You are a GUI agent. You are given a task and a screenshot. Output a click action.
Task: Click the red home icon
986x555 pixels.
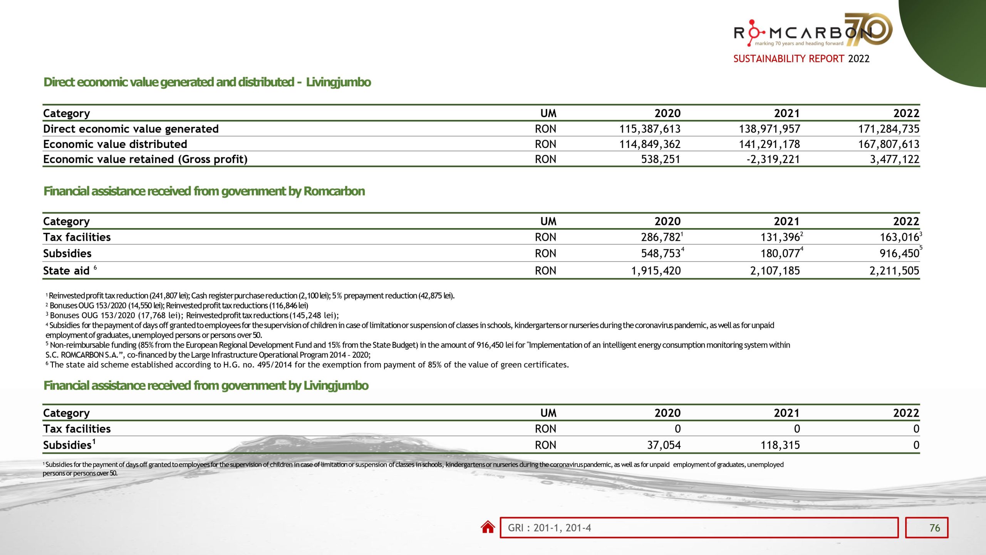point(488,527)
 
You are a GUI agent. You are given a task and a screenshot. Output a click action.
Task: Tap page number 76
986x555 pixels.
point(934,528)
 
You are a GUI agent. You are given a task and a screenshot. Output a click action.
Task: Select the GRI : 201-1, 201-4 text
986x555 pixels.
point(549,528)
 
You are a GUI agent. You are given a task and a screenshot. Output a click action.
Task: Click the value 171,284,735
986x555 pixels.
point(888,129)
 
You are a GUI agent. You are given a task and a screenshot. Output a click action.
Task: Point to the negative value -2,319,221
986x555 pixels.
point(773,159)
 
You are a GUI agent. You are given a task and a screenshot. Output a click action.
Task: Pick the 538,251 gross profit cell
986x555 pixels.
point(661,159)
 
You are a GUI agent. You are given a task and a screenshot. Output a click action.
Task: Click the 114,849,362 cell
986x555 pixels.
point(650,144)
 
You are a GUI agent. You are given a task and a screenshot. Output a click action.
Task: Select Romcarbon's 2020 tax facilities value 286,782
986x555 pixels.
point(661,237)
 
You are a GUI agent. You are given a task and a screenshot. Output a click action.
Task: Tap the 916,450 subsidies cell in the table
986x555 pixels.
point(899,253)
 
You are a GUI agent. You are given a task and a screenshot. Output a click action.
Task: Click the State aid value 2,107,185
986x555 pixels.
point(775,271)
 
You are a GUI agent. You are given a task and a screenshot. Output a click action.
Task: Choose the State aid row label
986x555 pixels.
point(66,271)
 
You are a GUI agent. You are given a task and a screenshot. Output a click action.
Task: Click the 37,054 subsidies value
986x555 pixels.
point(664,445)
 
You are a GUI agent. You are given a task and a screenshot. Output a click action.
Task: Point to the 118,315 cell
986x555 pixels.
point(780,445)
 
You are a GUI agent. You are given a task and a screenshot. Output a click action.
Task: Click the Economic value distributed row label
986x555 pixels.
point(115,144)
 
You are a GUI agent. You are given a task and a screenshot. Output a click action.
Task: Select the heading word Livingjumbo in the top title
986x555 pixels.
point(338,82)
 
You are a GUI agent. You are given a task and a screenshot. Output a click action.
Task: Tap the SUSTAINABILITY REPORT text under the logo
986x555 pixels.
point(788,59)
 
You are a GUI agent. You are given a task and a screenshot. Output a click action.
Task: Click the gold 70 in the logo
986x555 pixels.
point(869,29)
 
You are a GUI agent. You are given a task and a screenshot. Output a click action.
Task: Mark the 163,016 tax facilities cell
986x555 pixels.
point(899,237)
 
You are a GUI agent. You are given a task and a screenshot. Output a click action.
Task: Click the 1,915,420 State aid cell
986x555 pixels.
point(656,271)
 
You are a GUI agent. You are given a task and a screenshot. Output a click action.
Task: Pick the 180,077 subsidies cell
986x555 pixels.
point(780,253)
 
